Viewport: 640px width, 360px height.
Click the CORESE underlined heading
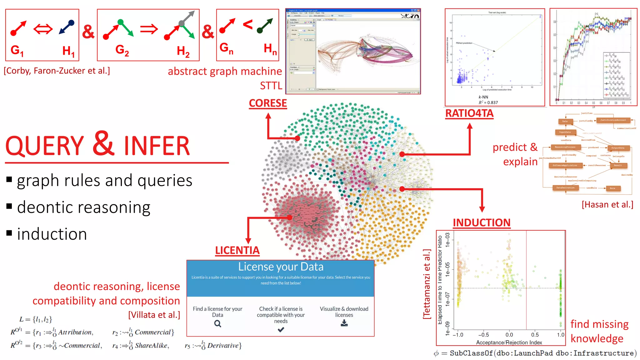click(x=268, y=103)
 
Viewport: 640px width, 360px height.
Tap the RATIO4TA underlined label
click(x=469, y=113)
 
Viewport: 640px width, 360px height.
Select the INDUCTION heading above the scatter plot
click(x=482, y=222)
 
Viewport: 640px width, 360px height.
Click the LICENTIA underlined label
click(x=237, y=250)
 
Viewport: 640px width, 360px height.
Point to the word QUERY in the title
click(x=45, y=146)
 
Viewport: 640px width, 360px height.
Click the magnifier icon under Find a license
click(x=217, y=324)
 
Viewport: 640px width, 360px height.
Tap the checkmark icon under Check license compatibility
click(x=281, y=329)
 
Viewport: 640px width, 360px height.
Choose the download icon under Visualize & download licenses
click(x=344, y=323)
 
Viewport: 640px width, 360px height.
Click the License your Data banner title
click(x=281, y=267)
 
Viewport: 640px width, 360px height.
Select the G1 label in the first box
click(x=17, y=50)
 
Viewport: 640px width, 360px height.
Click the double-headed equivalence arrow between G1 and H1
click(x=43, y=29)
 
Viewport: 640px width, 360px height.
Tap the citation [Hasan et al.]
click(x=607, y=204)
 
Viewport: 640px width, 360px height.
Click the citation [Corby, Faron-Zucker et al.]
click(x=57, y=71)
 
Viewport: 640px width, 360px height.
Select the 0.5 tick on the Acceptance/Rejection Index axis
click(x=535, y=335)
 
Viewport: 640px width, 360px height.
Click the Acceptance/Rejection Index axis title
click(x=509, y=342)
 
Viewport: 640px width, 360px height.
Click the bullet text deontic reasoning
click(x=83, y=207)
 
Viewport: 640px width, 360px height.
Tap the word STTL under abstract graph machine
click(x=271, y=86)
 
